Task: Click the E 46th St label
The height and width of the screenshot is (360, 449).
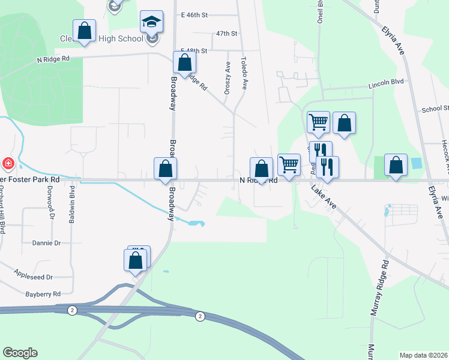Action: [x=194, y=13]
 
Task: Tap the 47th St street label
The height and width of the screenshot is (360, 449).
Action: [x=227, y=34]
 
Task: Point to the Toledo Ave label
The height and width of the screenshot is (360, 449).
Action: [x=244, y=73]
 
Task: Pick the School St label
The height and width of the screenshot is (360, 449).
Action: [x=435, y=109]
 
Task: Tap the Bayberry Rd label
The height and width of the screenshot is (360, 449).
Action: [x=43, y=294]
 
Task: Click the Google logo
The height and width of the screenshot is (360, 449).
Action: [x=20, y=353]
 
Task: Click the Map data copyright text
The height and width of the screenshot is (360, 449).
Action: [x=424, y=355]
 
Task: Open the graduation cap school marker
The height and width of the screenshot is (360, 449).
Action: [x=151, y=23]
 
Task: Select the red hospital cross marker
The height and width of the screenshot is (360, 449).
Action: [x=8, y=163]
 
